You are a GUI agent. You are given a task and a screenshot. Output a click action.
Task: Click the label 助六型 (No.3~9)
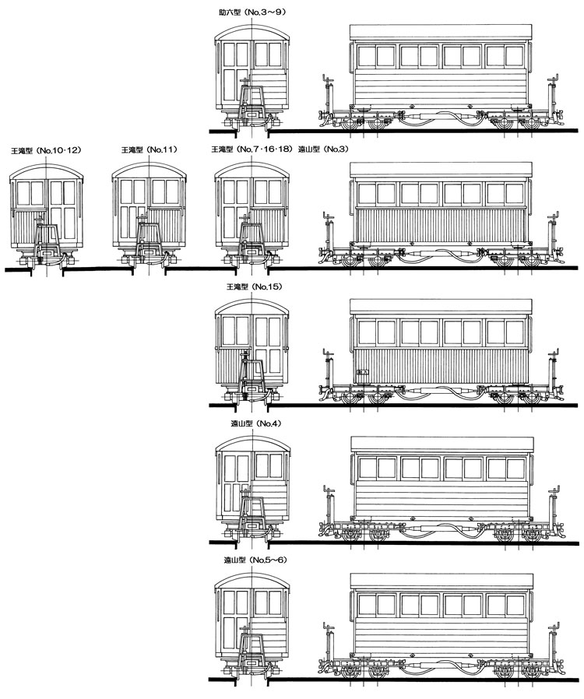(252, 12)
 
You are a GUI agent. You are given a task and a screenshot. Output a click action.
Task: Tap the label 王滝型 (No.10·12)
(47, 151)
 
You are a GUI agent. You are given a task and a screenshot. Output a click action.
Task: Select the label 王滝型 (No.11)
(150, 149)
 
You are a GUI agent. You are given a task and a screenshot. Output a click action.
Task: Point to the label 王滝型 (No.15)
(255, 286)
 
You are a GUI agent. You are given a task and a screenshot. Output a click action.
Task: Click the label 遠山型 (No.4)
(256, 423)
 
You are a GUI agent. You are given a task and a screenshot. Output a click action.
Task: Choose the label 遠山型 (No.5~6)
(255, 560)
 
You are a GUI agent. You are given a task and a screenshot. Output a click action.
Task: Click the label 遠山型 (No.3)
(323, 149)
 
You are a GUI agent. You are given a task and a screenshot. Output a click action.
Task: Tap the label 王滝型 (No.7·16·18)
(252, 149)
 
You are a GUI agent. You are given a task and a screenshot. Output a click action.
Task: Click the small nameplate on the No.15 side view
(363, 371)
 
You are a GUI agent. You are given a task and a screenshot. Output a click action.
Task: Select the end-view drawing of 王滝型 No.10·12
(47, 215)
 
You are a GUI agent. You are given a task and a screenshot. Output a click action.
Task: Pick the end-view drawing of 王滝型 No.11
(149, 215)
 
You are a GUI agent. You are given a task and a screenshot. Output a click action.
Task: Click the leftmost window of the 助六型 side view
(366, 56)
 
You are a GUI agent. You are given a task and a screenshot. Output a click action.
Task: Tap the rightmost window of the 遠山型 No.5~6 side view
(515, 605)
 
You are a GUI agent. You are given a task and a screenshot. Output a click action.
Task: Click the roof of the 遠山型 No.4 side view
(442, 444)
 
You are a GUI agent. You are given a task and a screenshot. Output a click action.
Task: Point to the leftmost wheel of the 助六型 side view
(350, 124)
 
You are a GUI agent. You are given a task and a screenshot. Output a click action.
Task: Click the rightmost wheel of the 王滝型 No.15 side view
(531, 398)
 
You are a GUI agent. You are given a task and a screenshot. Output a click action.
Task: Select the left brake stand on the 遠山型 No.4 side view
(329, 508)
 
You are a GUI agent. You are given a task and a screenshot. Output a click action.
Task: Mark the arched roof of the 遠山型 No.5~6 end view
(252, 581)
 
